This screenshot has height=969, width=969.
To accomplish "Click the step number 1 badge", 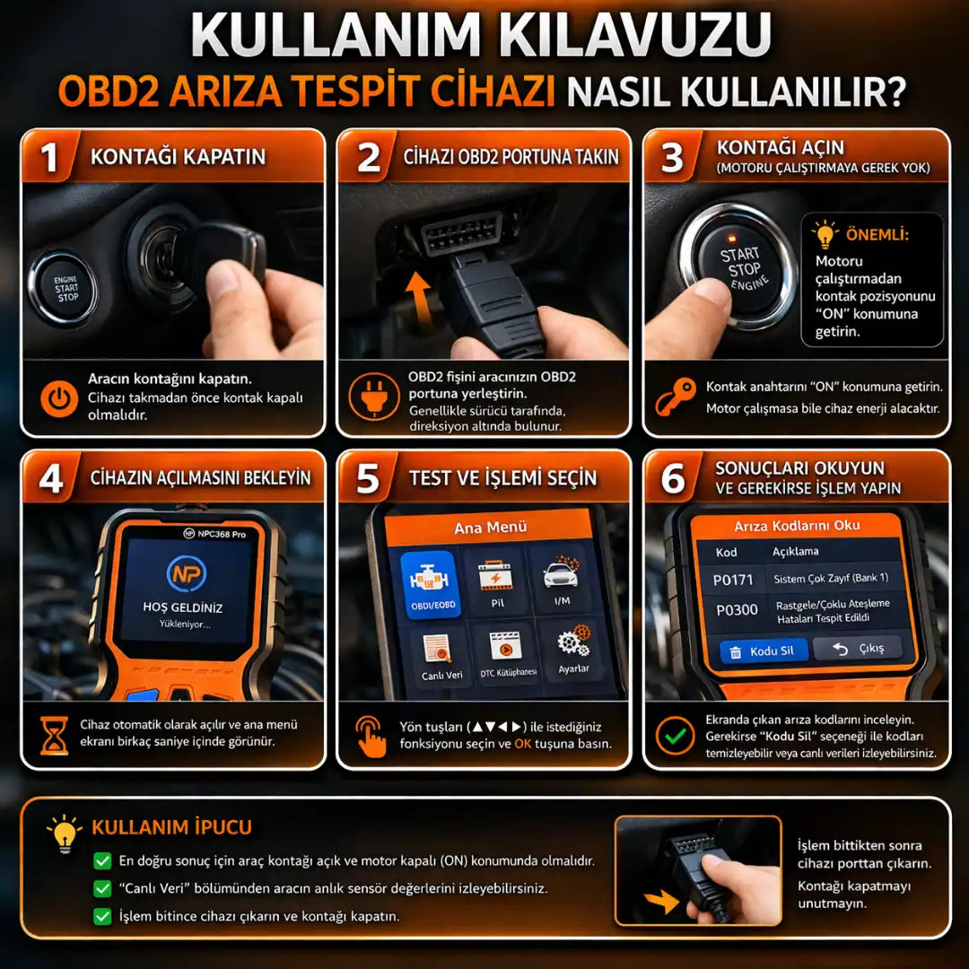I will click(49, 156).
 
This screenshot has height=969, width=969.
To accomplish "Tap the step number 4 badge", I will click(51, 478).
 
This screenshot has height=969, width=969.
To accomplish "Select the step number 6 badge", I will click(673, 478).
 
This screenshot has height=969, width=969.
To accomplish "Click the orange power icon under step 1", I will click(59, 398).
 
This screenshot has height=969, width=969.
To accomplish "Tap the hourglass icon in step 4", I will click(54, 735).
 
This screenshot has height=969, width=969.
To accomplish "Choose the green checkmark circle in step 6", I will click(675, 735).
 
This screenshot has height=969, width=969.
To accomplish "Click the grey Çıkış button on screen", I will click(858, 649).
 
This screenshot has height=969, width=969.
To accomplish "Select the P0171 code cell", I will click(733, 580).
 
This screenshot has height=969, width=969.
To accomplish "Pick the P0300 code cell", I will click(736, 610).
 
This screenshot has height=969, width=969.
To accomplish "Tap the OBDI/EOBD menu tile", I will click(430, 584).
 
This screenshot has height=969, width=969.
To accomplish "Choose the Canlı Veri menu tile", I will click(441, 658).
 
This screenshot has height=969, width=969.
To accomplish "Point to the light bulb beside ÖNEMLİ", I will click(825, 235).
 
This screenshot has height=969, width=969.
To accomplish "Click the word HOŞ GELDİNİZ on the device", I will click(183, 607).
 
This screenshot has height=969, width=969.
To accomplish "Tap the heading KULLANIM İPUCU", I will click(171, 827).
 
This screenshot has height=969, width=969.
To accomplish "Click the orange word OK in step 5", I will click(523, 744).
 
